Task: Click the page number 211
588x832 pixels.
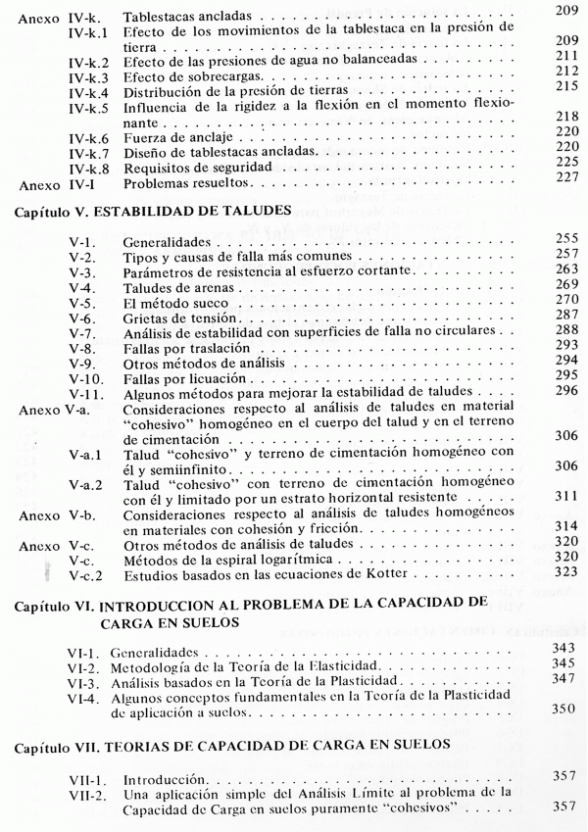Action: (566, 55)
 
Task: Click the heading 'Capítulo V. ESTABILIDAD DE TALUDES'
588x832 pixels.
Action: (141, 210)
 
